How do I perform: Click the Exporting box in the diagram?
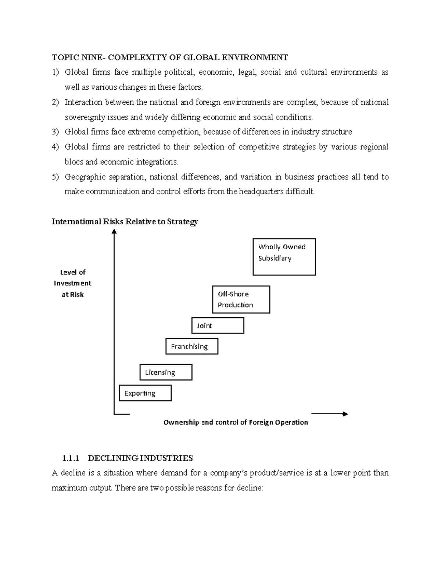[145, 393]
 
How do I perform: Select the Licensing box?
[166, 372]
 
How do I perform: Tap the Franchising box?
[191, 346]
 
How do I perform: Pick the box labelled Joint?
[218, 325]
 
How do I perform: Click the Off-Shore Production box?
[241, 299]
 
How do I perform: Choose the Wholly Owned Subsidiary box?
[284, 257]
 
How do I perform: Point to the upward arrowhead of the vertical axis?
[114, 231]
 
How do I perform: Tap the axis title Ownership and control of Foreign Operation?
[236, 422]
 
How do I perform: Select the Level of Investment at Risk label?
[73, 283]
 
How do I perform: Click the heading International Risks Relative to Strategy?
[125, 221]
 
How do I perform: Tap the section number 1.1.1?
[71, 458]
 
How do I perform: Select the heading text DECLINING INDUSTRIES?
[140, 458]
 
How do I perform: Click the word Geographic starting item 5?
[85, 177]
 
